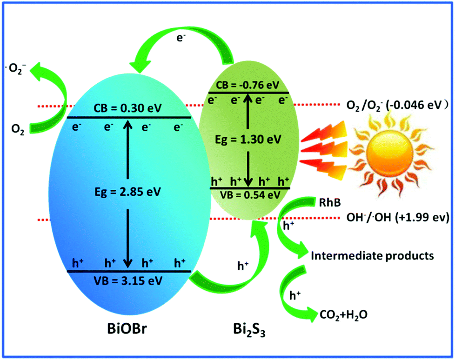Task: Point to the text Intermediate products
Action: [x=372, y=255]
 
